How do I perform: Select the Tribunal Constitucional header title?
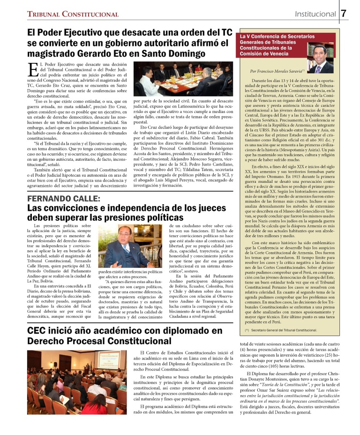pos(73,15)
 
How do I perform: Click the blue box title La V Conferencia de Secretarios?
pos(272,37)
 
